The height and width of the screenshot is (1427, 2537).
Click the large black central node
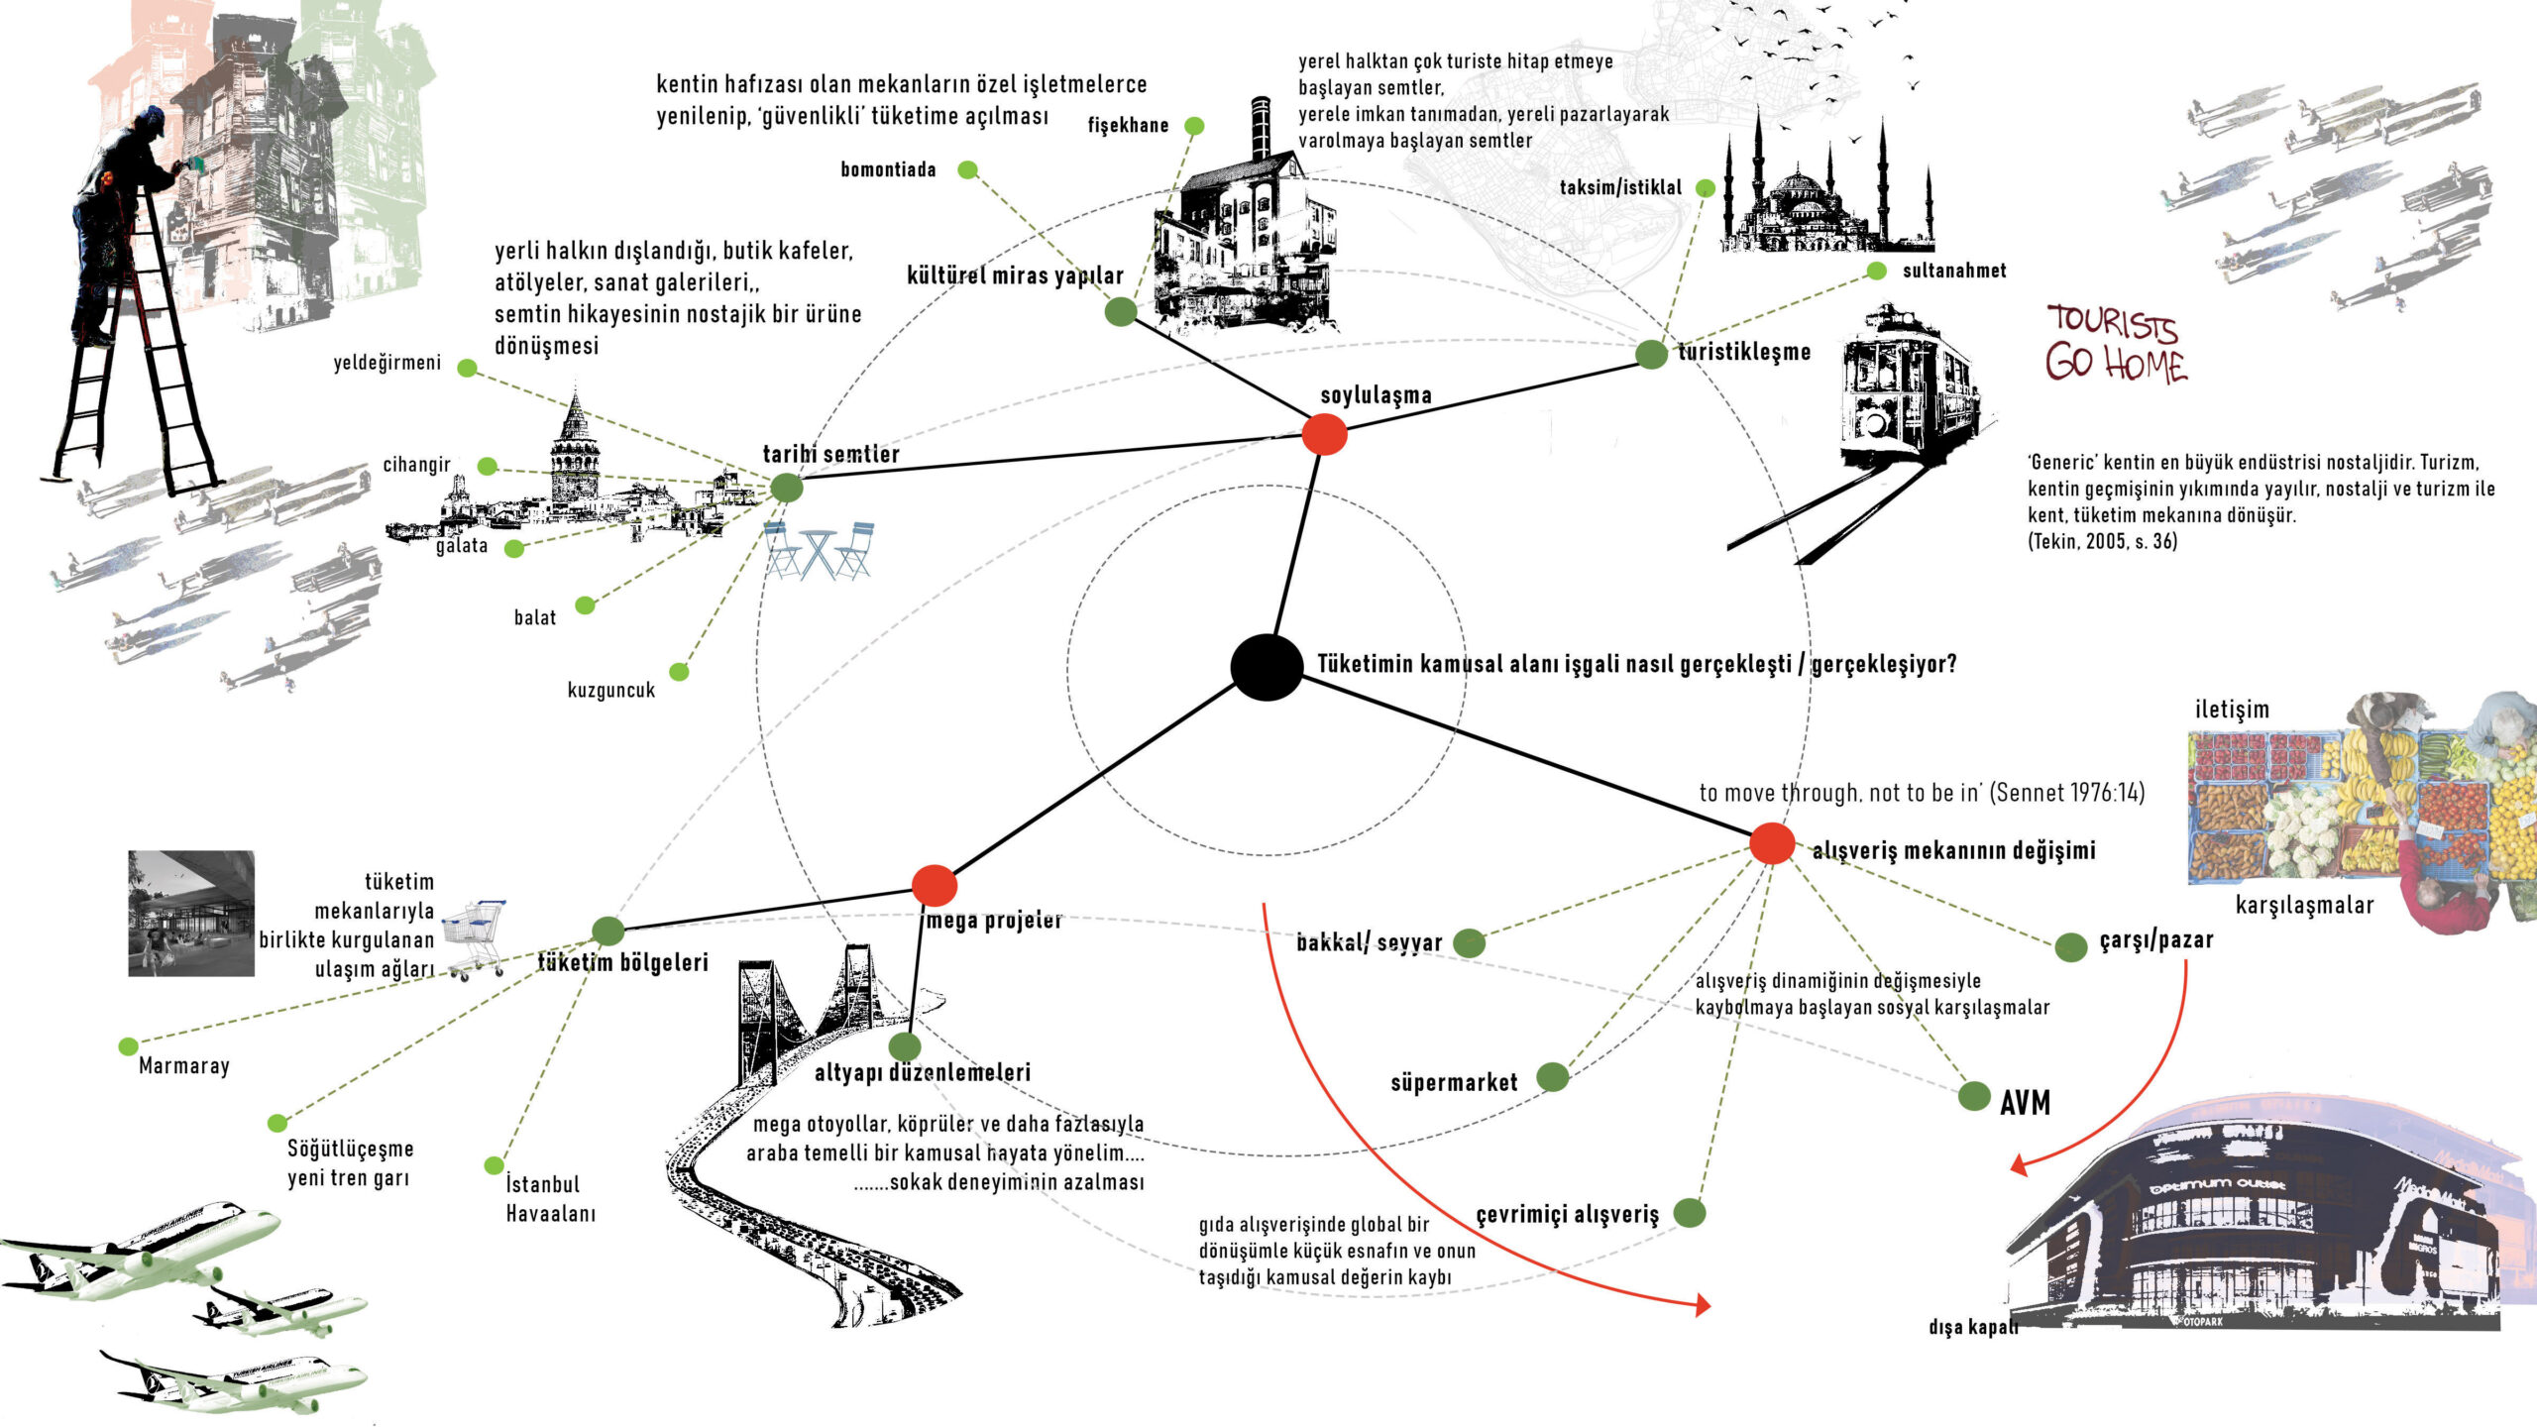click(x=1267, y=667)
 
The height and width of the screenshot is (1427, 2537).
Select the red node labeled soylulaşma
click(x=1324, y=434)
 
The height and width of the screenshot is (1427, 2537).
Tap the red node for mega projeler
click(x=934, y=885)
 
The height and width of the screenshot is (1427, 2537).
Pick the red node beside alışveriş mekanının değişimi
click(x=1772, y=843)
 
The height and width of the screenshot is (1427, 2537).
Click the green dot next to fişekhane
click(x=1194, y=126)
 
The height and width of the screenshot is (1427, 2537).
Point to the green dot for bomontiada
click(x=967, y=169)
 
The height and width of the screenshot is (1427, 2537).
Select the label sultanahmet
click(x=1953, y=271)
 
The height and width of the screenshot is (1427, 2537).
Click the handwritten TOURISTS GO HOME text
click(x=2115, y=344)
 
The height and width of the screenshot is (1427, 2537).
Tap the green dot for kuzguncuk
click(x=679, y=672)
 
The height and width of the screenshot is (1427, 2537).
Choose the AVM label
click(x=2025, y=1103)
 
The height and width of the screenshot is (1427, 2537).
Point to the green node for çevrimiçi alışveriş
click(x=1690, y=1212)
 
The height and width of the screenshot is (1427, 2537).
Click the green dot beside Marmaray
click(x=128, y=1046)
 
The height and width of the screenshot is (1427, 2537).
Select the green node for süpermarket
click(x=1552, y=1076)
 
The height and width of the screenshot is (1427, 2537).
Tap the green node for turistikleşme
click(x=1651, y=354)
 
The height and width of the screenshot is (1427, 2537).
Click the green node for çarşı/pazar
click(x=2070, y=946)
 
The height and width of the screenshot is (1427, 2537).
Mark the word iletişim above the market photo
click(x=2231, y=710)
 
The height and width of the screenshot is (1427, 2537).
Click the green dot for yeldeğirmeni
click(x=467, y=368)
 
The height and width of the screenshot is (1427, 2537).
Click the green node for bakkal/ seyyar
click(x=1469, y=942)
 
